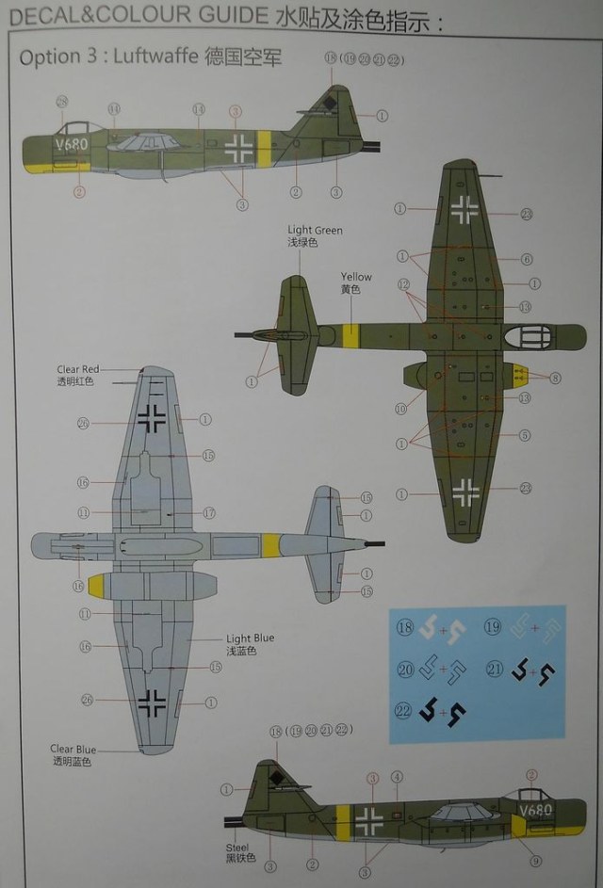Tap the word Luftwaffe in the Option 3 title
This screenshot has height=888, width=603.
click(x=151, y=57)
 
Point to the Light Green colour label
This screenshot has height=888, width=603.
click(x=315, y=231)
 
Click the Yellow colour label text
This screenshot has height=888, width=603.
click(x=356, y=278)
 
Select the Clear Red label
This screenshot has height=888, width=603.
click(x=77, y=370)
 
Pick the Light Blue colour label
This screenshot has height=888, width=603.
click(x=250, y=638)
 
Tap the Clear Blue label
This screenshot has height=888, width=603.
click(x=74, y=750)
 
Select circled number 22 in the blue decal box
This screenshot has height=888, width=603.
click(x=403, y=712)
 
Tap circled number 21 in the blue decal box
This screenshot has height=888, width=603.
click(x=492, y=670)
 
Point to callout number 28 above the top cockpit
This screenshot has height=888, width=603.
click(x=62, y=102)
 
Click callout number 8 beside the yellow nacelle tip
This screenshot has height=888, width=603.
click(x=555, y=378)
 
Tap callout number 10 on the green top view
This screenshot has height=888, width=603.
click(x=401, y=409)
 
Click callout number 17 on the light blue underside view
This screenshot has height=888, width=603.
click(x=209, y=513)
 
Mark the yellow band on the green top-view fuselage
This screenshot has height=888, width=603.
click(x=352, y=336)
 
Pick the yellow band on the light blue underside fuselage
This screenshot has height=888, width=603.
click(x=270, y=544)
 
